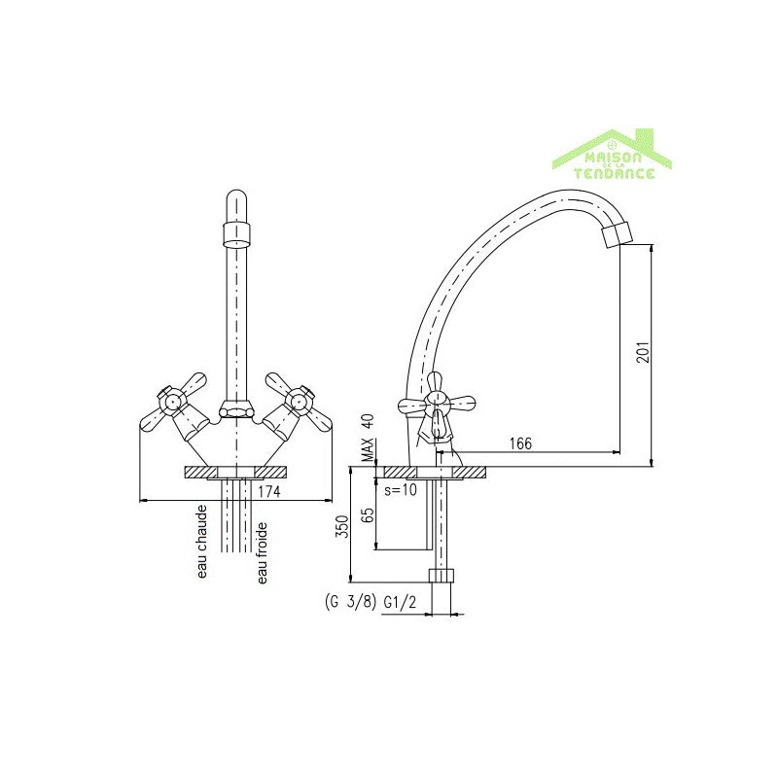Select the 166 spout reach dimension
tap(521, 444)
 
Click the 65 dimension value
tap(369, 515)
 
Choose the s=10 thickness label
tap(400, 489)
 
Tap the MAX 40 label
tap(368, 438)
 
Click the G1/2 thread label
tap(401, 603)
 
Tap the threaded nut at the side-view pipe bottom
tap(442, 574)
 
